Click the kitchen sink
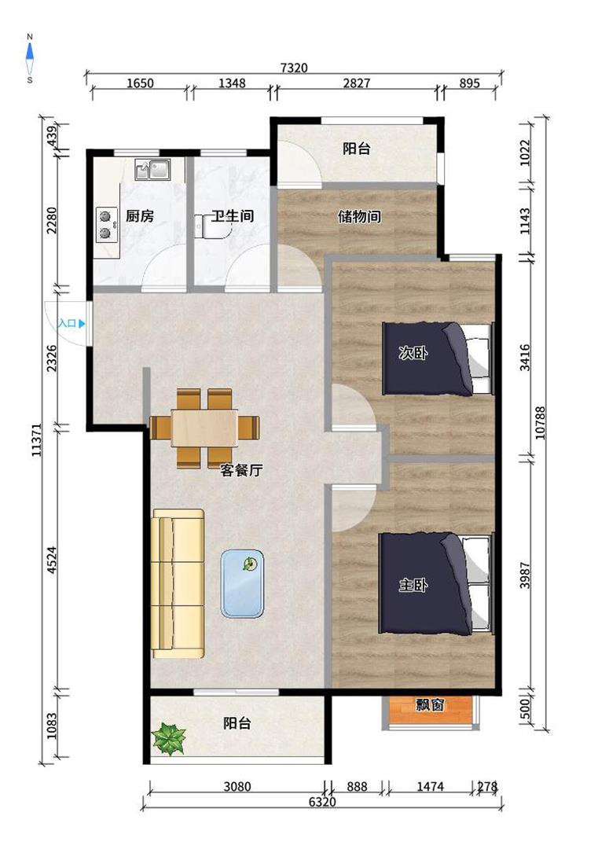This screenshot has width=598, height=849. (x=152, y=170)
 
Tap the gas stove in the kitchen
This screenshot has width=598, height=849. (x=106, y=225)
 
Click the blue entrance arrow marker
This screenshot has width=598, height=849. (x=82, y=324)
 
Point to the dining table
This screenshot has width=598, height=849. (x=204, y=428)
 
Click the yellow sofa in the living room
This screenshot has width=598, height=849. (x=178, y=583)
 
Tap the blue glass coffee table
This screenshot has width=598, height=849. (x=243, y=583)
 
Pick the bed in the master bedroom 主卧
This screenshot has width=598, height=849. (x=436, y=583)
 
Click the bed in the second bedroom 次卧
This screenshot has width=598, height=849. (x=438, y=358)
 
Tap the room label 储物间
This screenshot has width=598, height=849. (x=359, y=217)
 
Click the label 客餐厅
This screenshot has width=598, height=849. (x=241, y=470)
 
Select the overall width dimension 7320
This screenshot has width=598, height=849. (x=295, y=68)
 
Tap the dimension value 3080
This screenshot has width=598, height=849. (x=237, y=786)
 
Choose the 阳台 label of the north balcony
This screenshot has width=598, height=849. (x=357, y=149)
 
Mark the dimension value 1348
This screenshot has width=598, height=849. (x=232, y=83)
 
